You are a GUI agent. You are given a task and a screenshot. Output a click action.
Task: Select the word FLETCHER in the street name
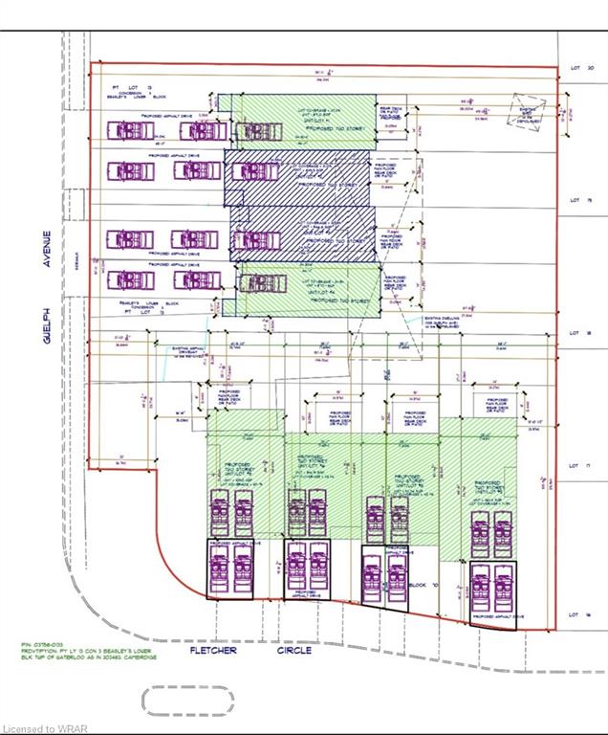point(213,651)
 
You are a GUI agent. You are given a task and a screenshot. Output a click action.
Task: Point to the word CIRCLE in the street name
point(294,651)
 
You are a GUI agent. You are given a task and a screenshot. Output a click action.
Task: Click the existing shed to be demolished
point(528,109)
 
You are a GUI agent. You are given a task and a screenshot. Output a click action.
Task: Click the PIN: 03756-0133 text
point(43,645)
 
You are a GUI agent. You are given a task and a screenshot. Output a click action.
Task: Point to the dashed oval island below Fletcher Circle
point(187,702)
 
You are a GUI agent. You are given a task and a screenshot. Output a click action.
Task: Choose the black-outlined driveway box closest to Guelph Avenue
point(230,569)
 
